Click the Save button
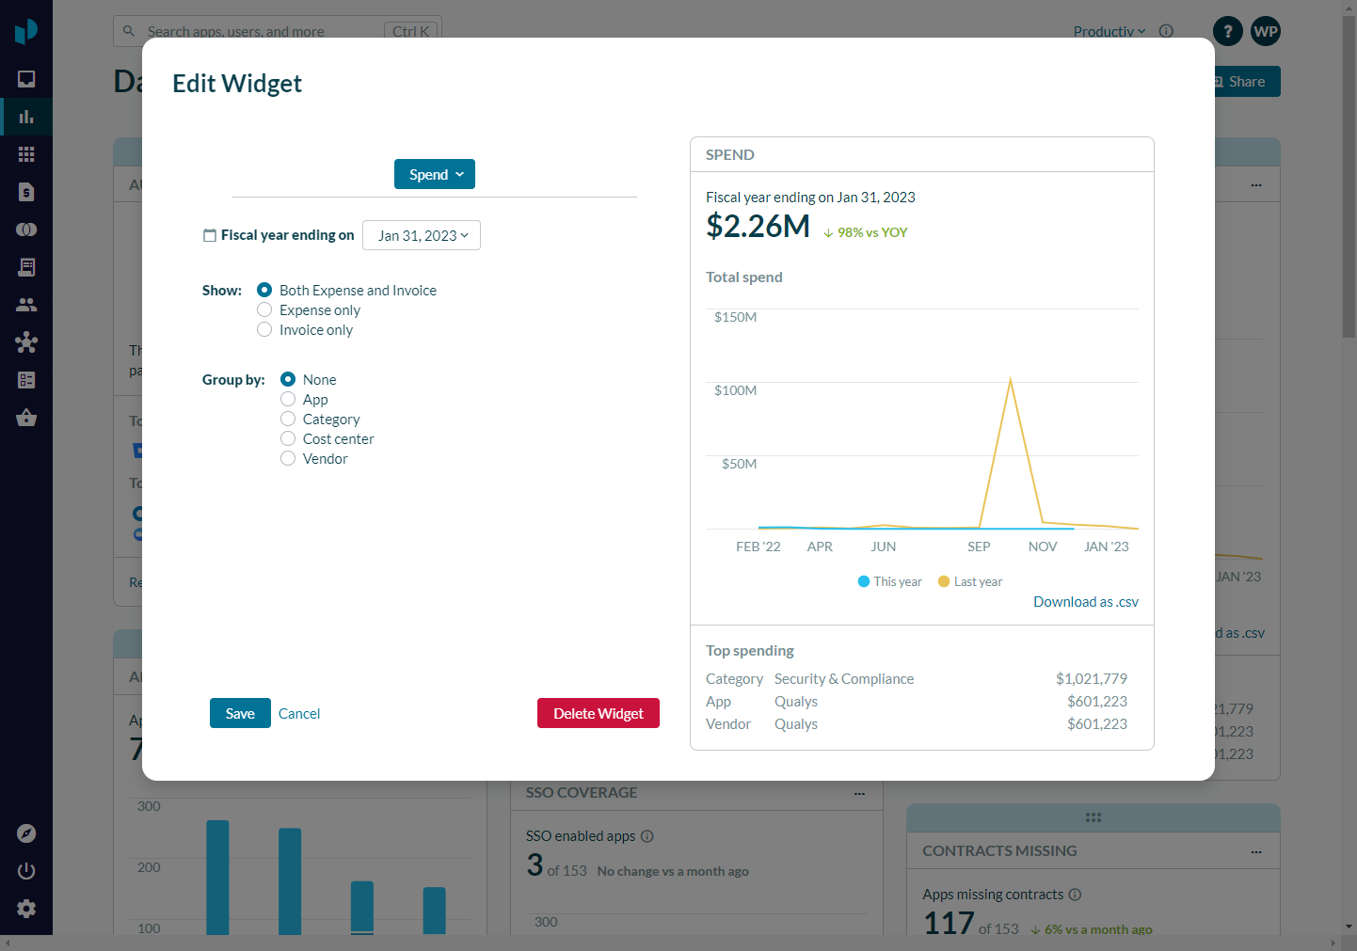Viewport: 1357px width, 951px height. (240, 713)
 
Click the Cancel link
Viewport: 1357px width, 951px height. (299, 714)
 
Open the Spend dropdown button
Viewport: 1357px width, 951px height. (435, 174)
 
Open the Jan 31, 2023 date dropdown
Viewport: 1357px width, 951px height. (422, 235)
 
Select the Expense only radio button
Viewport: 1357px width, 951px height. (265, 310)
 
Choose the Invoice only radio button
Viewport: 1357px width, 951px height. (265, 330)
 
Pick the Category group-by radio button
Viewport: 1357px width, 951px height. (289, 420)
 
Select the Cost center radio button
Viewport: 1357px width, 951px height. (289, 439)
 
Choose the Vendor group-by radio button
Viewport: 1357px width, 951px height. (289, 459)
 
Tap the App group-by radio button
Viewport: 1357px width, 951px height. (289, 400)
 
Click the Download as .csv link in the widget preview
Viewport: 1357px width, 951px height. (1085, 602)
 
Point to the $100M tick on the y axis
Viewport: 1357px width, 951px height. (735, 390)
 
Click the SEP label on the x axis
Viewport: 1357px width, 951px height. (979, 547)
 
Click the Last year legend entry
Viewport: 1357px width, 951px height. (970, 581)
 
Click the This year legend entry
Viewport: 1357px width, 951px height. (889, 581)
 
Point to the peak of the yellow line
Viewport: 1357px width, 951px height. (1011, 379)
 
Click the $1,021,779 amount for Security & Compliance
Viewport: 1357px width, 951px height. (1091, 679)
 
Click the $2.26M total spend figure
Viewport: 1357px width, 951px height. (758, 227)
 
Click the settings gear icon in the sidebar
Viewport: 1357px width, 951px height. (26, 909)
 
